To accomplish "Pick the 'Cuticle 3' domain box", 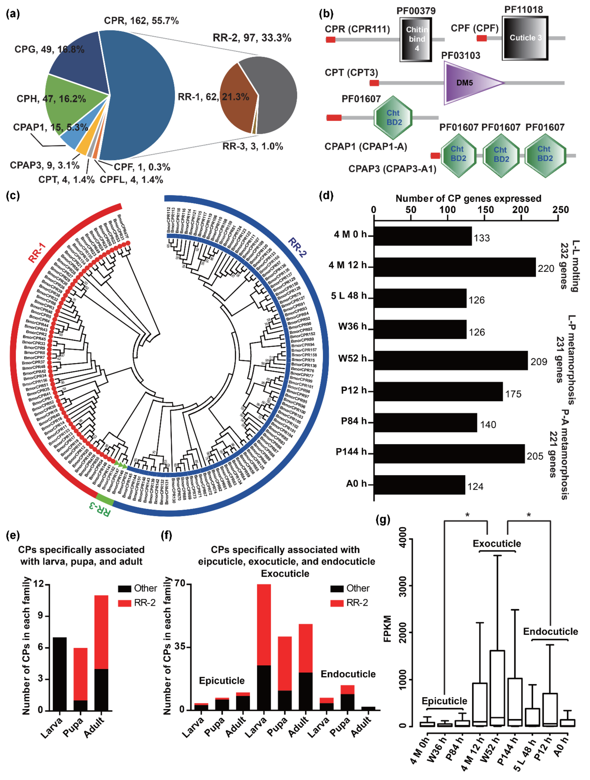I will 525,38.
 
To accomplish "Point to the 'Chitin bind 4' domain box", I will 416,39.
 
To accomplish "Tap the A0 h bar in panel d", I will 419,485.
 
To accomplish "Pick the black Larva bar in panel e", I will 59,674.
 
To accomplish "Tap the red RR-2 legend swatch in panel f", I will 337,603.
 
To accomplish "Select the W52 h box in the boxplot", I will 497,688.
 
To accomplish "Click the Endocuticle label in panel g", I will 550,631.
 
